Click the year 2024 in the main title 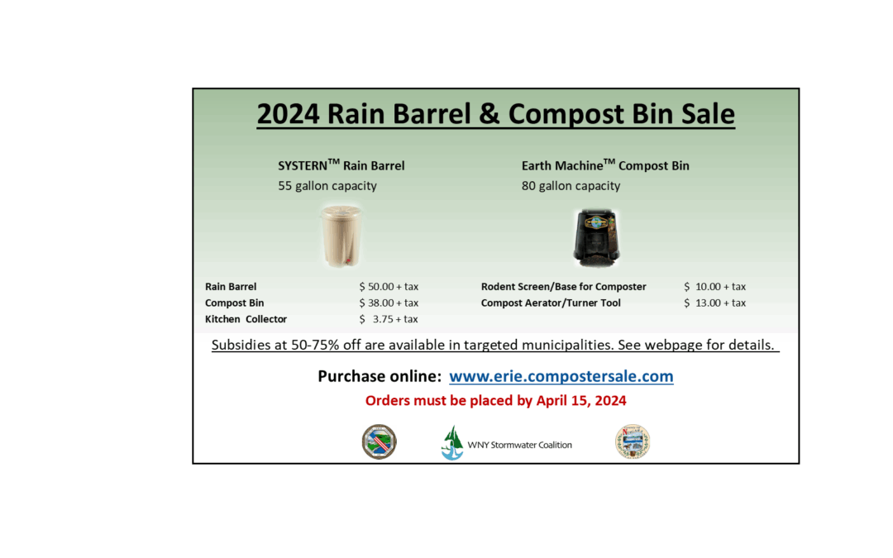[289, 114]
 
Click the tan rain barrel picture [341, 236]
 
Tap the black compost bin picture [596, 237]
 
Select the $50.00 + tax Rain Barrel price [389, 286]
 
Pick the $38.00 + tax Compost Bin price [389, 303]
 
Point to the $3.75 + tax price [389, 319]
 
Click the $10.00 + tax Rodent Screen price [714, 286]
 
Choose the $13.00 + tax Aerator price [714, 303]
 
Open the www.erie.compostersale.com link [561, 376]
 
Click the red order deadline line [495, 401]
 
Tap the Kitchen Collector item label [246, 319]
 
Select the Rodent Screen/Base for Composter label [563, 286]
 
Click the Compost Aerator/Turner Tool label [551, 303]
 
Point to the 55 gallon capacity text [327, 186]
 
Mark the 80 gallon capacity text [571, 186]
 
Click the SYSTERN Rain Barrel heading [341, 165]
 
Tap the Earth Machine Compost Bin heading [605, 165]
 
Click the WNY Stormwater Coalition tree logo [452, 443]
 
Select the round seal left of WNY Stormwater [379, 441]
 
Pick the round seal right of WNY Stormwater [633, 441]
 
